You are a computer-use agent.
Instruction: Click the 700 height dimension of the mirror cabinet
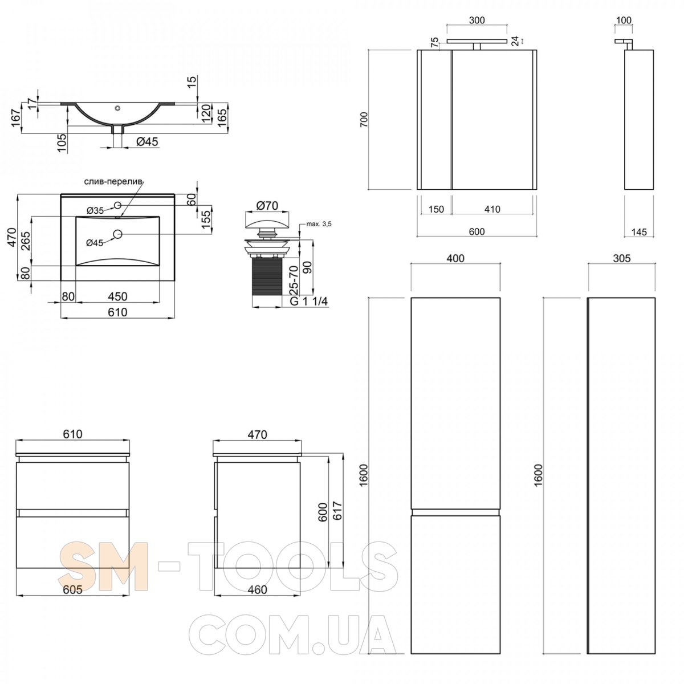[x=365, y=120]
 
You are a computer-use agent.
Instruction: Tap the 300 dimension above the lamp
[x=477, y=20]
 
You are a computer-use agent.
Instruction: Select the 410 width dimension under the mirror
[x=492, y=209]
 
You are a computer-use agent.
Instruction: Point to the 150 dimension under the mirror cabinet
[x=436, y=209]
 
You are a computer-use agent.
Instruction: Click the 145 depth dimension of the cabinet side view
[x=639, y=232]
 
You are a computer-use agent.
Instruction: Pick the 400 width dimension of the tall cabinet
[x=455, y=258]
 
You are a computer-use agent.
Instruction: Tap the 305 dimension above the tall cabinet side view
[x=621, y=258]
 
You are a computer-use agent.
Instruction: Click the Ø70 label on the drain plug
[x=267, y=206]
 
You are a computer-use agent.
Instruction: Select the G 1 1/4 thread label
[x=309, y=302]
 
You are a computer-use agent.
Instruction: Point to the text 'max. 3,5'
[x=319, y=224]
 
